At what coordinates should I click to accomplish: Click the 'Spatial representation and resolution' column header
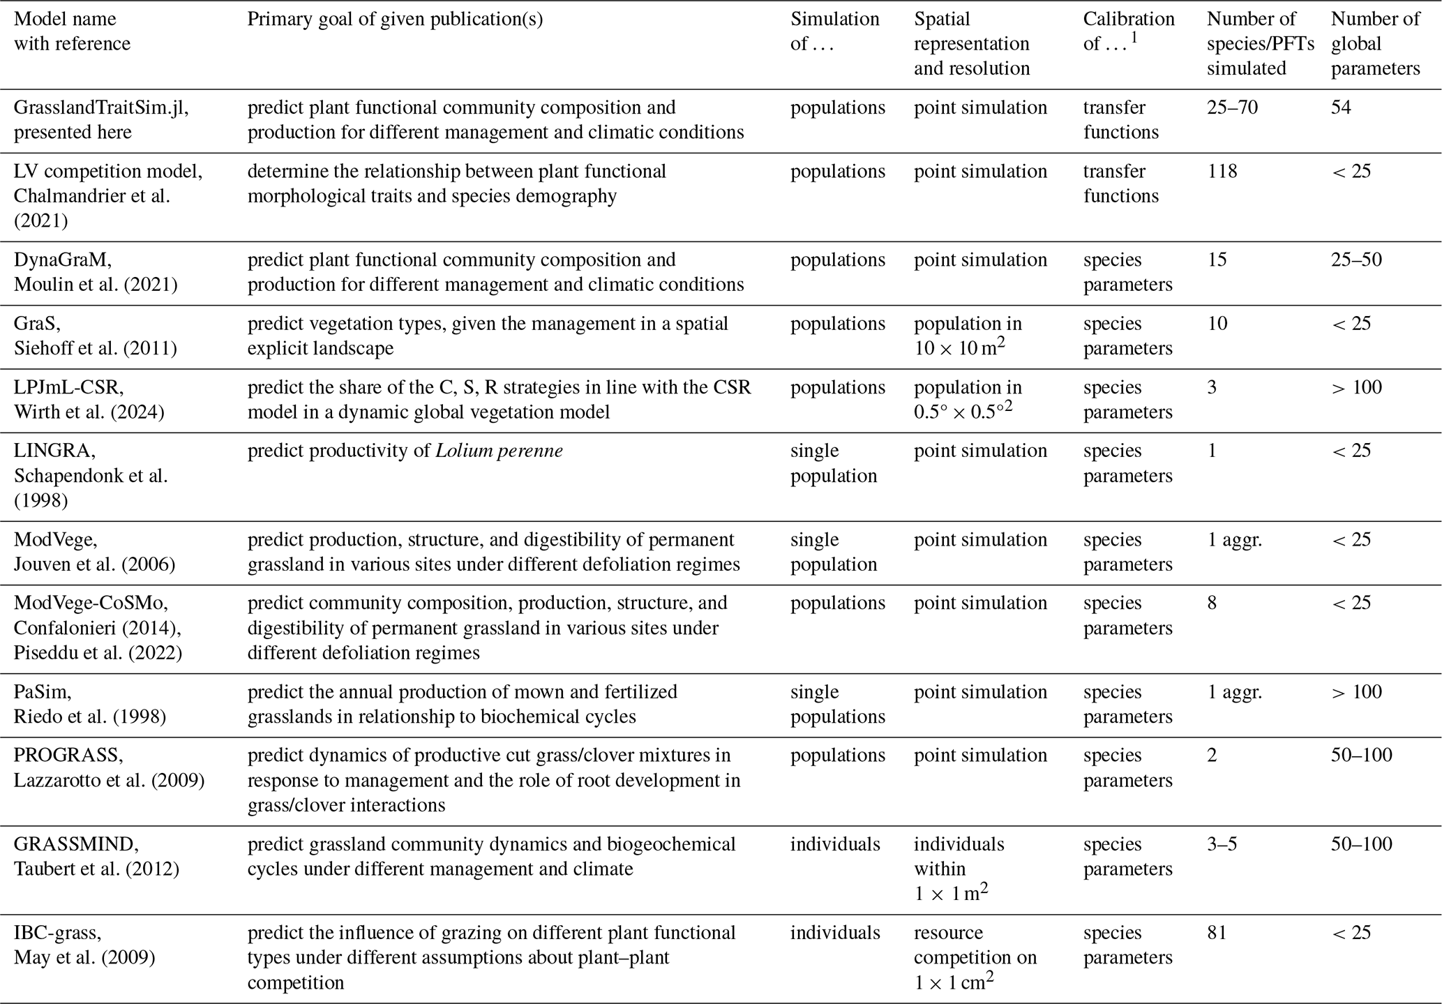pyautogui.click(x=972, y=43)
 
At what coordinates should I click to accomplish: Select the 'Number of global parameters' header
pyautogui.click(x=1375, y=43)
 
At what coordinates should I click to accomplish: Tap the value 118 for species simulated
pyautogui.click(x=1222, y=172)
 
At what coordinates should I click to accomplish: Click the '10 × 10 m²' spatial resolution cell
pyautogui.click(x=960, y=348)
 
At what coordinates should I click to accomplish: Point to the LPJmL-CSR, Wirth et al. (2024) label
pyautogui.click(x=89, y=400)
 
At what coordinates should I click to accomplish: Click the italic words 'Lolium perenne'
pyautogui.click(x=499, y=451)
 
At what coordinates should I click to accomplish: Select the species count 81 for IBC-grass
pyautogui.click(x=1217, y=933)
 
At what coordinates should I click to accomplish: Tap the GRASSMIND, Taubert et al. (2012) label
pyautogui.click(x=96, y=857)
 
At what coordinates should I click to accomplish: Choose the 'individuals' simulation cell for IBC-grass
pyautogui.click(x=834, y=933)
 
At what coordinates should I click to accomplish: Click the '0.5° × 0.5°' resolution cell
pyautogui.click(x=963, y=412)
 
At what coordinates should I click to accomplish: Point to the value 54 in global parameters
pyautogui.click(x=1341, y=108)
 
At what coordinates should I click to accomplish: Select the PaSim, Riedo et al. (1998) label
pyautogui.click(x=90, y=705)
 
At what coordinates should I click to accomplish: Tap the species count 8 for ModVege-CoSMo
pyautogui.click(x=1212, y=603)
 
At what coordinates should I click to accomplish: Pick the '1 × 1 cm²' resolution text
pyautogui.click(x=954, y=982)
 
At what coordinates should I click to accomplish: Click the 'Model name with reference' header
pyautogui.click(x=72, y=31)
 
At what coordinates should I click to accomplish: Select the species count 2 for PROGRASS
pyautogui.click(x=1212, y=756)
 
